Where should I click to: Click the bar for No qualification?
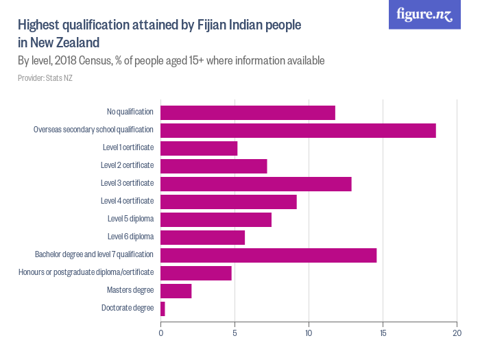(248, 112)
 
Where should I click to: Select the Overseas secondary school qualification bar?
(298, 130)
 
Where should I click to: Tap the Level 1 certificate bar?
(199, 148)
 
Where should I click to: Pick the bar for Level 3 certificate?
(256, 184)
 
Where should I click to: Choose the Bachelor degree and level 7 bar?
(268, 255)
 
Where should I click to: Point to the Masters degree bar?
(176, 291)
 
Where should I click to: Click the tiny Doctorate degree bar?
(163, 309)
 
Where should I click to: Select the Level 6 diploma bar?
(202, 237)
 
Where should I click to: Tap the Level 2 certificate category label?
(127, 165)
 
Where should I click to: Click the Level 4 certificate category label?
(127, 201)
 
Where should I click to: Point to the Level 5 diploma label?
(130, 219)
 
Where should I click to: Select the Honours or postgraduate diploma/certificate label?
(86, 272)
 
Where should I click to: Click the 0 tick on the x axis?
(161, 334)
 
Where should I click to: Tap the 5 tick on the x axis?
(235, 334)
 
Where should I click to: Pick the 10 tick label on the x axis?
(309, 334)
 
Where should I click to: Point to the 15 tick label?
(383, 334)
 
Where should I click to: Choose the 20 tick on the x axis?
(457, 334)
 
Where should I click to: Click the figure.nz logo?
(424, 15)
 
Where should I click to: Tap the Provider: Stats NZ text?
(45, 78)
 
